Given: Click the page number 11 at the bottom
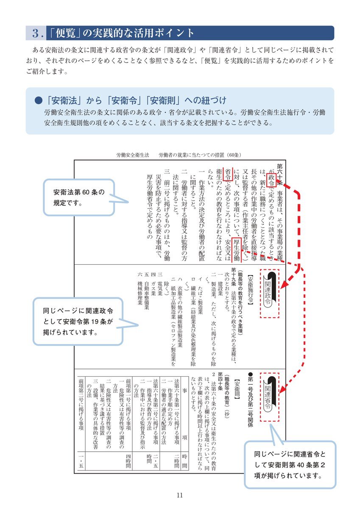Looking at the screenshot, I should tap(180, 495).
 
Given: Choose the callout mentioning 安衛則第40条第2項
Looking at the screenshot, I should tap(290, 464).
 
